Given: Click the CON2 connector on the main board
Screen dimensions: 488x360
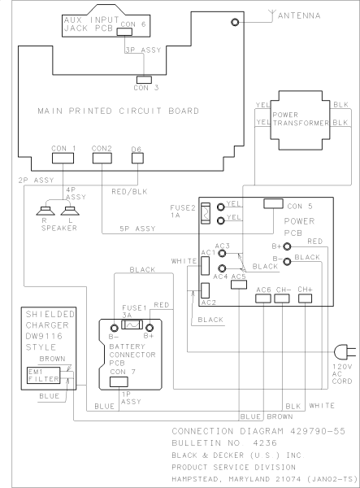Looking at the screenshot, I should tap(102, 157).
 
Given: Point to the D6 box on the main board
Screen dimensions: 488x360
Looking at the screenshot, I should tap(137, 157).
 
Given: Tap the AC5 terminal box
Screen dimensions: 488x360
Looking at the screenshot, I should tap(238, 285).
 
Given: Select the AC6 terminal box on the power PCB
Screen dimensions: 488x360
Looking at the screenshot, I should tap(262, 298).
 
